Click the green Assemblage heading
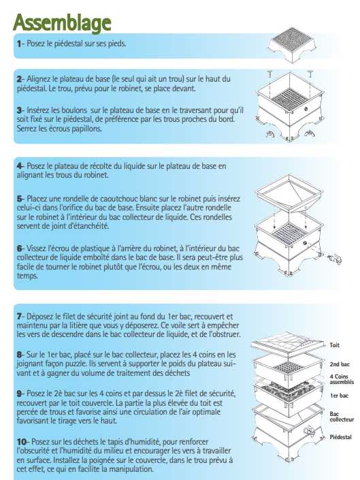(x=62, y=22)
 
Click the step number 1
(x=18, y=44)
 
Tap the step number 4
(x=19, y=166)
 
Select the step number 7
(x=19, y=316)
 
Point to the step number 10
(x=22, y=442)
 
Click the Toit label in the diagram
(x=334, y=345)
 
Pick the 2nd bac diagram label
(x=340, y=364)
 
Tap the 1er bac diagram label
(x=339, y=396)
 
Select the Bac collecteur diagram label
(x=342, y=417)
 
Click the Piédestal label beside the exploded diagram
(x=340, y=437)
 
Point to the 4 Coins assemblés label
(x=342, y=379)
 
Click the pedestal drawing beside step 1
(x=293, y=45)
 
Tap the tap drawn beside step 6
(x=334, y=259)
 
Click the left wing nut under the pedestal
(x=270, y=134)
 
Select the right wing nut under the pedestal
(x=309, y=133)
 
